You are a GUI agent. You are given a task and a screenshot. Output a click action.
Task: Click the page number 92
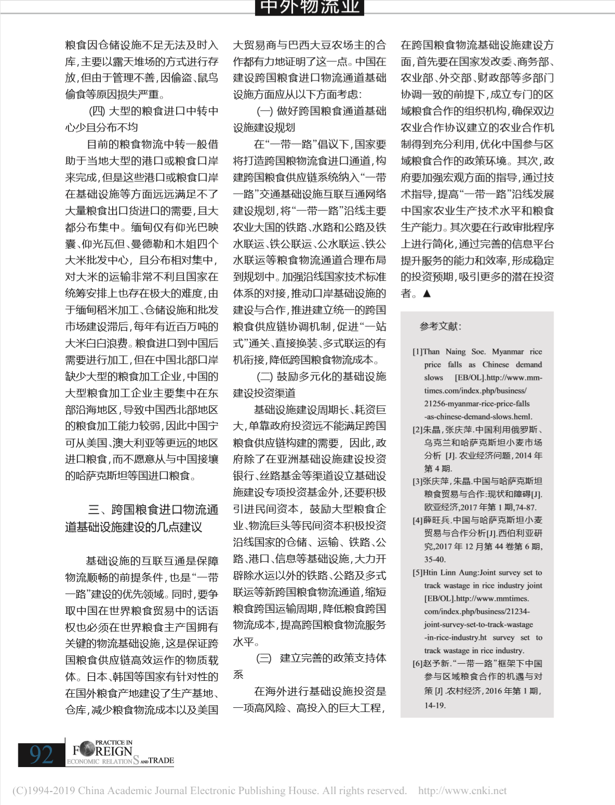coord(42,754)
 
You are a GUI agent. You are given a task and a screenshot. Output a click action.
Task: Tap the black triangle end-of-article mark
coord(427,294)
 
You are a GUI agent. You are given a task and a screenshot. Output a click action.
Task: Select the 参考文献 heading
coord(440,326)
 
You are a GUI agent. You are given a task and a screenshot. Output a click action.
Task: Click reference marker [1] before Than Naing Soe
coord(418,352)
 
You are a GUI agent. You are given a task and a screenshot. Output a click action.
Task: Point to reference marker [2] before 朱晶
coord(418,430)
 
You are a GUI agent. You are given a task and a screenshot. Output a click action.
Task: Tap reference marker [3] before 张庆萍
coord(418,481)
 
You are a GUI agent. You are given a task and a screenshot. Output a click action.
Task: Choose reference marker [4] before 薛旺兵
coord(418,520)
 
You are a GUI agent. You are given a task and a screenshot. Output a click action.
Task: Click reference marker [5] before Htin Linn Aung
coord(418,573)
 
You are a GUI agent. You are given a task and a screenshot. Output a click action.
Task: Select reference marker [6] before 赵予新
coord(418,664)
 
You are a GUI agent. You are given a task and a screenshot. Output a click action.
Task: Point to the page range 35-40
coord(435,560)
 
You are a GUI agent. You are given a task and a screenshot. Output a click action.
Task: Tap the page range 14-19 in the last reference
coord(435,705)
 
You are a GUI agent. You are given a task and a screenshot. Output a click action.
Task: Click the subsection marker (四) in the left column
coord(97,111)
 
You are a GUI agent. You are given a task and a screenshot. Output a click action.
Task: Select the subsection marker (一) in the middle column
coord(264,111)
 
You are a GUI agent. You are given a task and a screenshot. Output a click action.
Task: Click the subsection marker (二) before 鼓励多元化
coord(264,376)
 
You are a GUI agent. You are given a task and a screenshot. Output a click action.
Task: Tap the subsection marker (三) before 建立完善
coord(264,658)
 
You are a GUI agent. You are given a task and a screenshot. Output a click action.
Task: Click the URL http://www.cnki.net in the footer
coord(462,790)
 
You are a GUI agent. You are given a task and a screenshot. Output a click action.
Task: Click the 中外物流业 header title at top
coord(310,7)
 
